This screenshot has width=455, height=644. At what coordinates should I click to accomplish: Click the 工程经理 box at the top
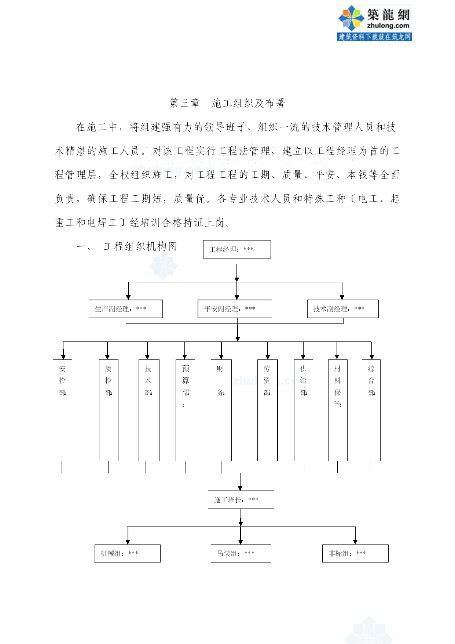click(x=237, y=249)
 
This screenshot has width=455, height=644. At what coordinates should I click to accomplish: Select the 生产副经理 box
click(x=126, y=309)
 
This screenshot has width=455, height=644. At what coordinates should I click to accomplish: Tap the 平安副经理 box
click(x=235, y=309)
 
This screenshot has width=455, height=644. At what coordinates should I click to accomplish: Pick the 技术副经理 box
click(x=343, y=309)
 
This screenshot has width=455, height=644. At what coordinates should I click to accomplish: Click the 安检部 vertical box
click(x=62, y=410)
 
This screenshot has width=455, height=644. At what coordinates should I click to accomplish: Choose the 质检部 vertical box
click(x=109, y=410)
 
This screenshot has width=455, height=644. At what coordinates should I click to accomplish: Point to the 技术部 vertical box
click(x=149, y=410)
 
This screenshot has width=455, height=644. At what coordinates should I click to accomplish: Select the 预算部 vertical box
click(x=185, y=410)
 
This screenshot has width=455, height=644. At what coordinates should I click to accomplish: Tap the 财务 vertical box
click(x=221, y=410)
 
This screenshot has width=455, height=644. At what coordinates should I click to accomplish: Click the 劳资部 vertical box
click(x=267, y=410)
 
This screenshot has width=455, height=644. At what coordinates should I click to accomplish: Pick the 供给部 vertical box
click(x=303, y=410)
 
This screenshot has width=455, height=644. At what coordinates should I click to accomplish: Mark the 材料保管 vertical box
click(x=338, y=410)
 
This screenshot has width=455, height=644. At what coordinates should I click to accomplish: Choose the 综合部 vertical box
click(x=371, y=410)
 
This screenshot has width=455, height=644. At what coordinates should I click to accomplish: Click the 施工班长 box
click(x=241, y=500)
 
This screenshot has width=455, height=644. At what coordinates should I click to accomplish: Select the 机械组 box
click(x=128, y=553)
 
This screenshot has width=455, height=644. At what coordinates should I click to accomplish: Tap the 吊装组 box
click(x=241, y=553)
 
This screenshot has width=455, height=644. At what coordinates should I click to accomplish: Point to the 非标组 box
click(x=355, y=553)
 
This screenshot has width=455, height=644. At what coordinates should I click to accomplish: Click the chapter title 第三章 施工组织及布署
click(x=227, y=103)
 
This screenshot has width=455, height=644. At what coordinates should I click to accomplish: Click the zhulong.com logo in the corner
click(x=374, y=23)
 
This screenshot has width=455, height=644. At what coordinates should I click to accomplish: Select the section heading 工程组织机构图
click(x=140, y=246)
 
